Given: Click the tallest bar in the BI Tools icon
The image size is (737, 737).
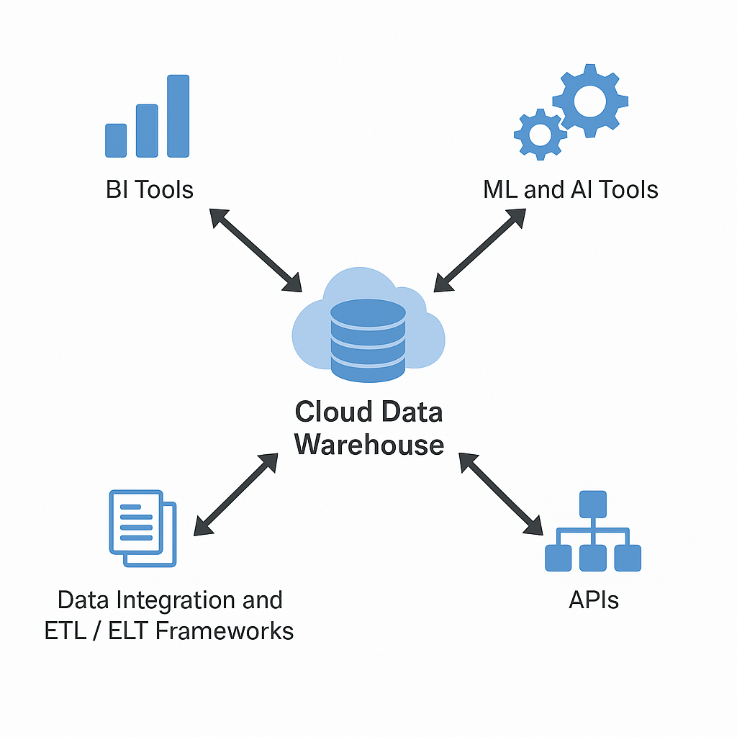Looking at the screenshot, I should (178, 116).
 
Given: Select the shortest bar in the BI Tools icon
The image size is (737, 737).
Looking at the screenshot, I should (116, 140).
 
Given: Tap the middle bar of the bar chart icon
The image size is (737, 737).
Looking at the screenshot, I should (147, 130).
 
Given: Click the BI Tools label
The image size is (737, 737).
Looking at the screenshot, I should (149, 190).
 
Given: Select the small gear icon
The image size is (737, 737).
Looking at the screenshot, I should (540, 134).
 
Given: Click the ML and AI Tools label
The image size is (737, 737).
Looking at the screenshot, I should (571, 190).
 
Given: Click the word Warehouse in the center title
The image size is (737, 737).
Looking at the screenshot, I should (369, 444).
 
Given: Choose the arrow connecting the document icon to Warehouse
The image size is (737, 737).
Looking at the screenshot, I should (236, 494).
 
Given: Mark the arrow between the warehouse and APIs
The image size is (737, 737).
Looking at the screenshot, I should (501, 494).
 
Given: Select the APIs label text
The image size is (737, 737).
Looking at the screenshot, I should (593, 600).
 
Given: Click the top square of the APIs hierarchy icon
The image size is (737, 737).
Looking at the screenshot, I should (593, 504).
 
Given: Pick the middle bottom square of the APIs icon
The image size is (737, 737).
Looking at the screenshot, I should (593, 558).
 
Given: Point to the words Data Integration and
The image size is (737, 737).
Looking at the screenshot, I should (170, 600).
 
